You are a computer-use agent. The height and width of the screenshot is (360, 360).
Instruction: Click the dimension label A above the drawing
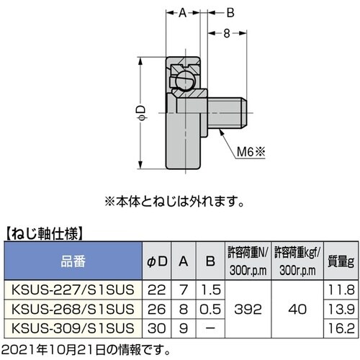point(183,12)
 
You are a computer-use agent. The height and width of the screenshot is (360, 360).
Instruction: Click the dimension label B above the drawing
point(231,12)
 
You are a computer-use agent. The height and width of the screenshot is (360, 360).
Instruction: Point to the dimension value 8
point(226,32)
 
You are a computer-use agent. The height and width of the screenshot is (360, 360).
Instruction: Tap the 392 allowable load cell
point(248,308)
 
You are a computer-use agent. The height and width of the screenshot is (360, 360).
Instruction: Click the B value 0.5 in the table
point(207,308)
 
